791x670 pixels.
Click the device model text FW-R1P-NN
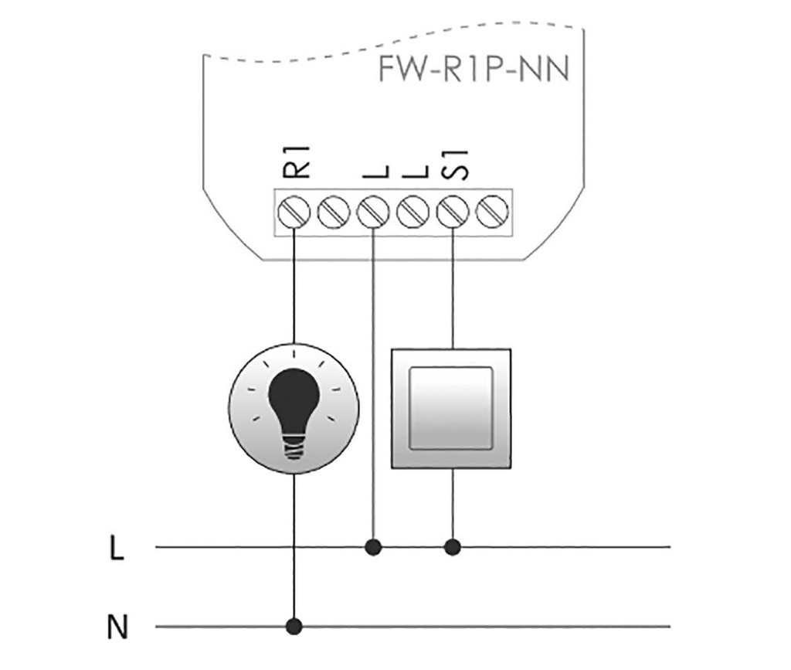(474, 70)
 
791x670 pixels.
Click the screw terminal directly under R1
(294, 210)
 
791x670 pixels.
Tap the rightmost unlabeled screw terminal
(492, 210)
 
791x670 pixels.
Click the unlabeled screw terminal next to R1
(334, 210)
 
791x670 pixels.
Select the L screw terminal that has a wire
(374, 210)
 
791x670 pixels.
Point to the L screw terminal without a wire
(413, 210)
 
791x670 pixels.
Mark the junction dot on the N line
(294, 624)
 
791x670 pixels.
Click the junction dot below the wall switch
(453, 547)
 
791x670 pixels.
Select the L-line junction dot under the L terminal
(374, 547)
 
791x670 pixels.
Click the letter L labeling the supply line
(117, 549)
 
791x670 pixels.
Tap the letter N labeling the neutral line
(117, 627)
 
